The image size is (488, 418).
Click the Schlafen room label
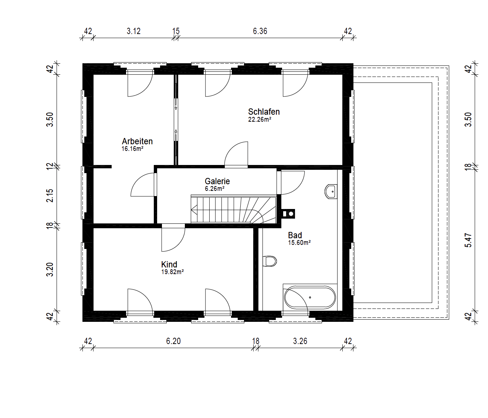264,112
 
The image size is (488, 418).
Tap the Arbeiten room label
137,141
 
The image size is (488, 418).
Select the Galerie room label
217,181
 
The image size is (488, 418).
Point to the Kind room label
169,264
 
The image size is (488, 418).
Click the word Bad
295,235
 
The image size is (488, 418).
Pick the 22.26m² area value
260,119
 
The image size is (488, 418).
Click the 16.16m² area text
132,149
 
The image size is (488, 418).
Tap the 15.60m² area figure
299,243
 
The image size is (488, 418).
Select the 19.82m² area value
173,272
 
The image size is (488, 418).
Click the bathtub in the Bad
310,297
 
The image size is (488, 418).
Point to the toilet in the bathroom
270,261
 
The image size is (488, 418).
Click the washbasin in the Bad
331,191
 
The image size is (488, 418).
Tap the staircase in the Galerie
234,209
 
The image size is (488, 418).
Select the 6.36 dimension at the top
260,31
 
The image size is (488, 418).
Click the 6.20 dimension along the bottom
173,341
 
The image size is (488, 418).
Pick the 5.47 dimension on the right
468,240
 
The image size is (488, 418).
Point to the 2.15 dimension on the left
50,195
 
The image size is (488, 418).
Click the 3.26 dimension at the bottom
300,341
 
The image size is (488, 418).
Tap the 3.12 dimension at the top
133,31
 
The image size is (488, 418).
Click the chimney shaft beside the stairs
288,214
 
